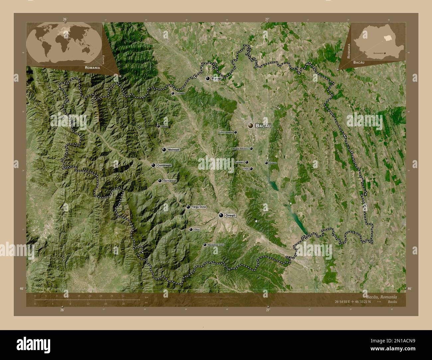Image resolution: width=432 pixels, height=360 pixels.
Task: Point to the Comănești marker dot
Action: (x=153, y=165)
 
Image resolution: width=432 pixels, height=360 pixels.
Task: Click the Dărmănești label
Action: (x=170, y=181)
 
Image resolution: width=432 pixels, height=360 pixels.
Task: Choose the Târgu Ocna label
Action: (x=199, y=207)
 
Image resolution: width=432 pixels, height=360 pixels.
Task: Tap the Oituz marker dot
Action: (x=191, y=229)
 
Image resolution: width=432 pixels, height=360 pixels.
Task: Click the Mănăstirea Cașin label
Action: (x=216, y=245)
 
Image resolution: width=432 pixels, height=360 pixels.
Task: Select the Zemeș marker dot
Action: (x=159, y=126)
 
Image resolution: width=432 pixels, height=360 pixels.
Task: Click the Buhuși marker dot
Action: (x=208, y=79)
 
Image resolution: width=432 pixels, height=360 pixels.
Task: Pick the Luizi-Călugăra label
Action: (x=226, y=132)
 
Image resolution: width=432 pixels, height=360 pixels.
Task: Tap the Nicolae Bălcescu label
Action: (x=241, y=149)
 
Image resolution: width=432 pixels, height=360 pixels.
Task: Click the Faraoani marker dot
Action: (x=247, y=162)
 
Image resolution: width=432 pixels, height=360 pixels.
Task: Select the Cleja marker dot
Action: (x=251, y=169)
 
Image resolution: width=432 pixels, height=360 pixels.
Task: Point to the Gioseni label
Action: (x=273, y=163)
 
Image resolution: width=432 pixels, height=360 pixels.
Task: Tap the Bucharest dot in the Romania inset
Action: (x=385, y=53)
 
